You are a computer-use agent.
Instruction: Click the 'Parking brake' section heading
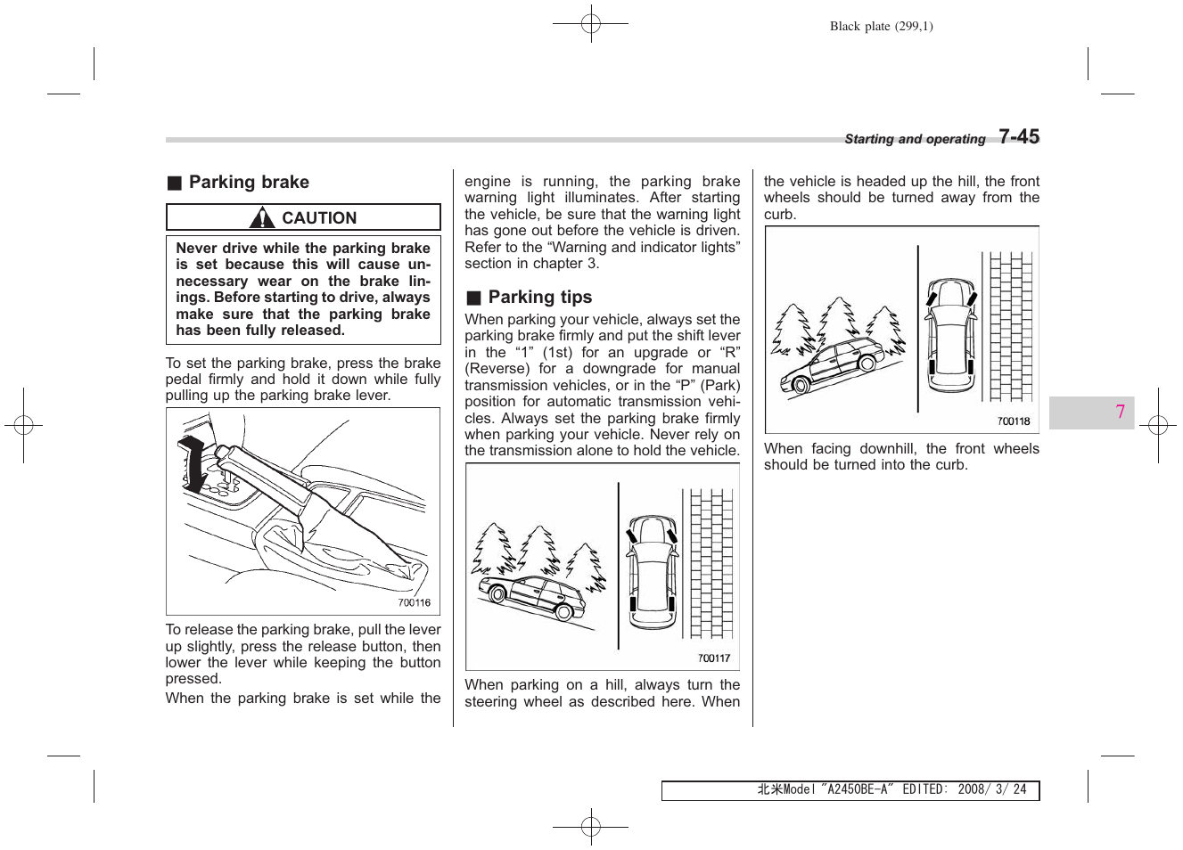coord(249,183)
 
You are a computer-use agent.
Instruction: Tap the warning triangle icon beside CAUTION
coord(262,217)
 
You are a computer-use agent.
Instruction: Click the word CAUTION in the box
coord(319,218)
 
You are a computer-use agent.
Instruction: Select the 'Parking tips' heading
coord(539,298)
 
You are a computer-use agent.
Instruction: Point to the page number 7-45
coord(1019,137)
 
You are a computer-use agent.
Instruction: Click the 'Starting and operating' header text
coord(915,139)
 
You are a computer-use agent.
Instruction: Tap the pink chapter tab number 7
coord(1120,412)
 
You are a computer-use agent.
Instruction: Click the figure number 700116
coord(414,603)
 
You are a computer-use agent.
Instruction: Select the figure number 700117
coord(713,658)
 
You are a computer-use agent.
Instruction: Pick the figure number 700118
coord(1013,421)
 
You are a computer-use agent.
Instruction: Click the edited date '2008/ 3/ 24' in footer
coord(992,789)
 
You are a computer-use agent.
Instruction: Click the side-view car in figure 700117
coord(531,596)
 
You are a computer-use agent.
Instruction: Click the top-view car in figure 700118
coord(951,336)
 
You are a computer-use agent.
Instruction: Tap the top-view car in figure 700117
coord(652,572)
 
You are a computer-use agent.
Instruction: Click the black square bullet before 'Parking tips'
coord(473,298)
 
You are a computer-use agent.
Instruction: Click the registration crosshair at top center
coord(591,24)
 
